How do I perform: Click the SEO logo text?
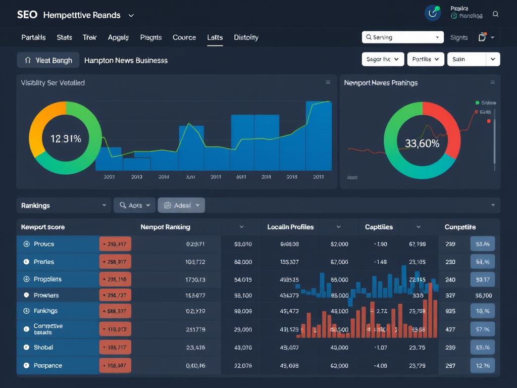click(x=27, y=15)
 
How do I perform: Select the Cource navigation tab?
click(x=184, y=37)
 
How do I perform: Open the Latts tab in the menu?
click(x=215, y=37)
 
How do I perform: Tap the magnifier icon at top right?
click(x=495, y=15)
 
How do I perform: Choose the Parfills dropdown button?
click(x=425, y=59)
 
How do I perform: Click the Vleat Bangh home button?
click(x=48, y=60)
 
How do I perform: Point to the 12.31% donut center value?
click(x=66, y=138)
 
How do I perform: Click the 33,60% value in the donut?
click(x=422, y=143)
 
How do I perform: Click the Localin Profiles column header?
click(x=290, y=227)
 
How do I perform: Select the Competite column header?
click(x=460, y=227)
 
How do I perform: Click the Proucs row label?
click(x=44, y=244)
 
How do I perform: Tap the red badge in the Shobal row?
click(x=116, y=348)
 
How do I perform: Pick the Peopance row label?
click(x=47, y=365)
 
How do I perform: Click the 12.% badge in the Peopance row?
click(x=482, y=365)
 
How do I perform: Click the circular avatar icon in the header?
click(x=433, y=14)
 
